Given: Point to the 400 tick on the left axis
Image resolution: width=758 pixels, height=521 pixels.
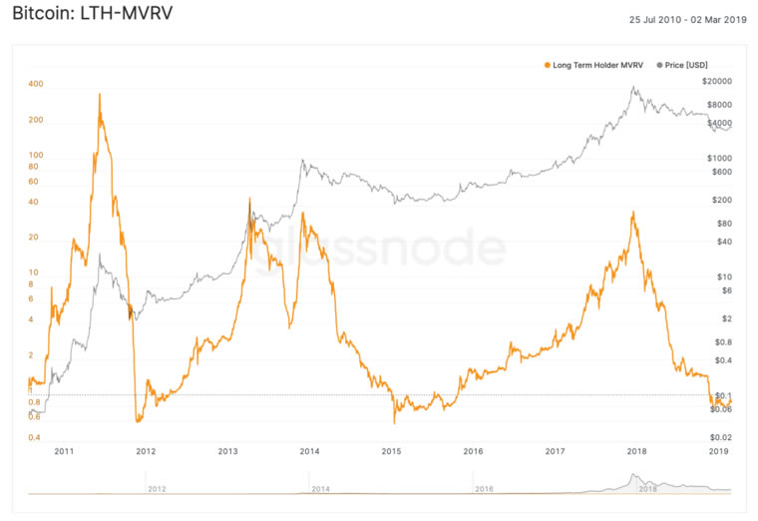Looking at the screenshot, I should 35,84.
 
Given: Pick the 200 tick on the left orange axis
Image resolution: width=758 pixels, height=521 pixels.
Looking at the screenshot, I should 35,120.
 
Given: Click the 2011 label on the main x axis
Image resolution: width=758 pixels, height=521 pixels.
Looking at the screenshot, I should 64,452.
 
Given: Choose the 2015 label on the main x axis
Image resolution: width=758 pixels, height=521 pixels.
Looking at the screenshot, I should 391,452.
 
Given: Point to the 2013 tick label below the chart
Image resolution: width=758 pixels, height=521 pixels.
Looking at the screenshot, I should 227,452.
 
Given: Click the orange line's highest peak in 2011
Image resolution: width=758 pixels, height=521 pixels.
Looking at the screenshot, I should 100,95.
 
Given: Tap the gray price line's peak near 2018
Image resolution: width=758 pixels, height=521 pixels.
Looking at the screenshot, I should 634,88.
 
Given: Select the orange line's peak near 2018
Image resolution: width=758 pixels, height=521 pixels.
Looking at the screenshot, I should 634,212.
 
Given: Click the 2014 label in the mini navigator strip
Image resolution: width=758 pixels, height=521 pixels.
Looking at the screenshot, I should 321,489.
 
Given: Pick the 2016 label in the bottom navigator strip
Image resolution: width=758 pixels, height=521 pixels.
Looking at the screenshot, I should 483,489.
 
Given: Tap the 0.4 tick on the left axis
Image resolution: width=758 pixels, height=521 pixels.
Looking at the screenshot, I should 35,438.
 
